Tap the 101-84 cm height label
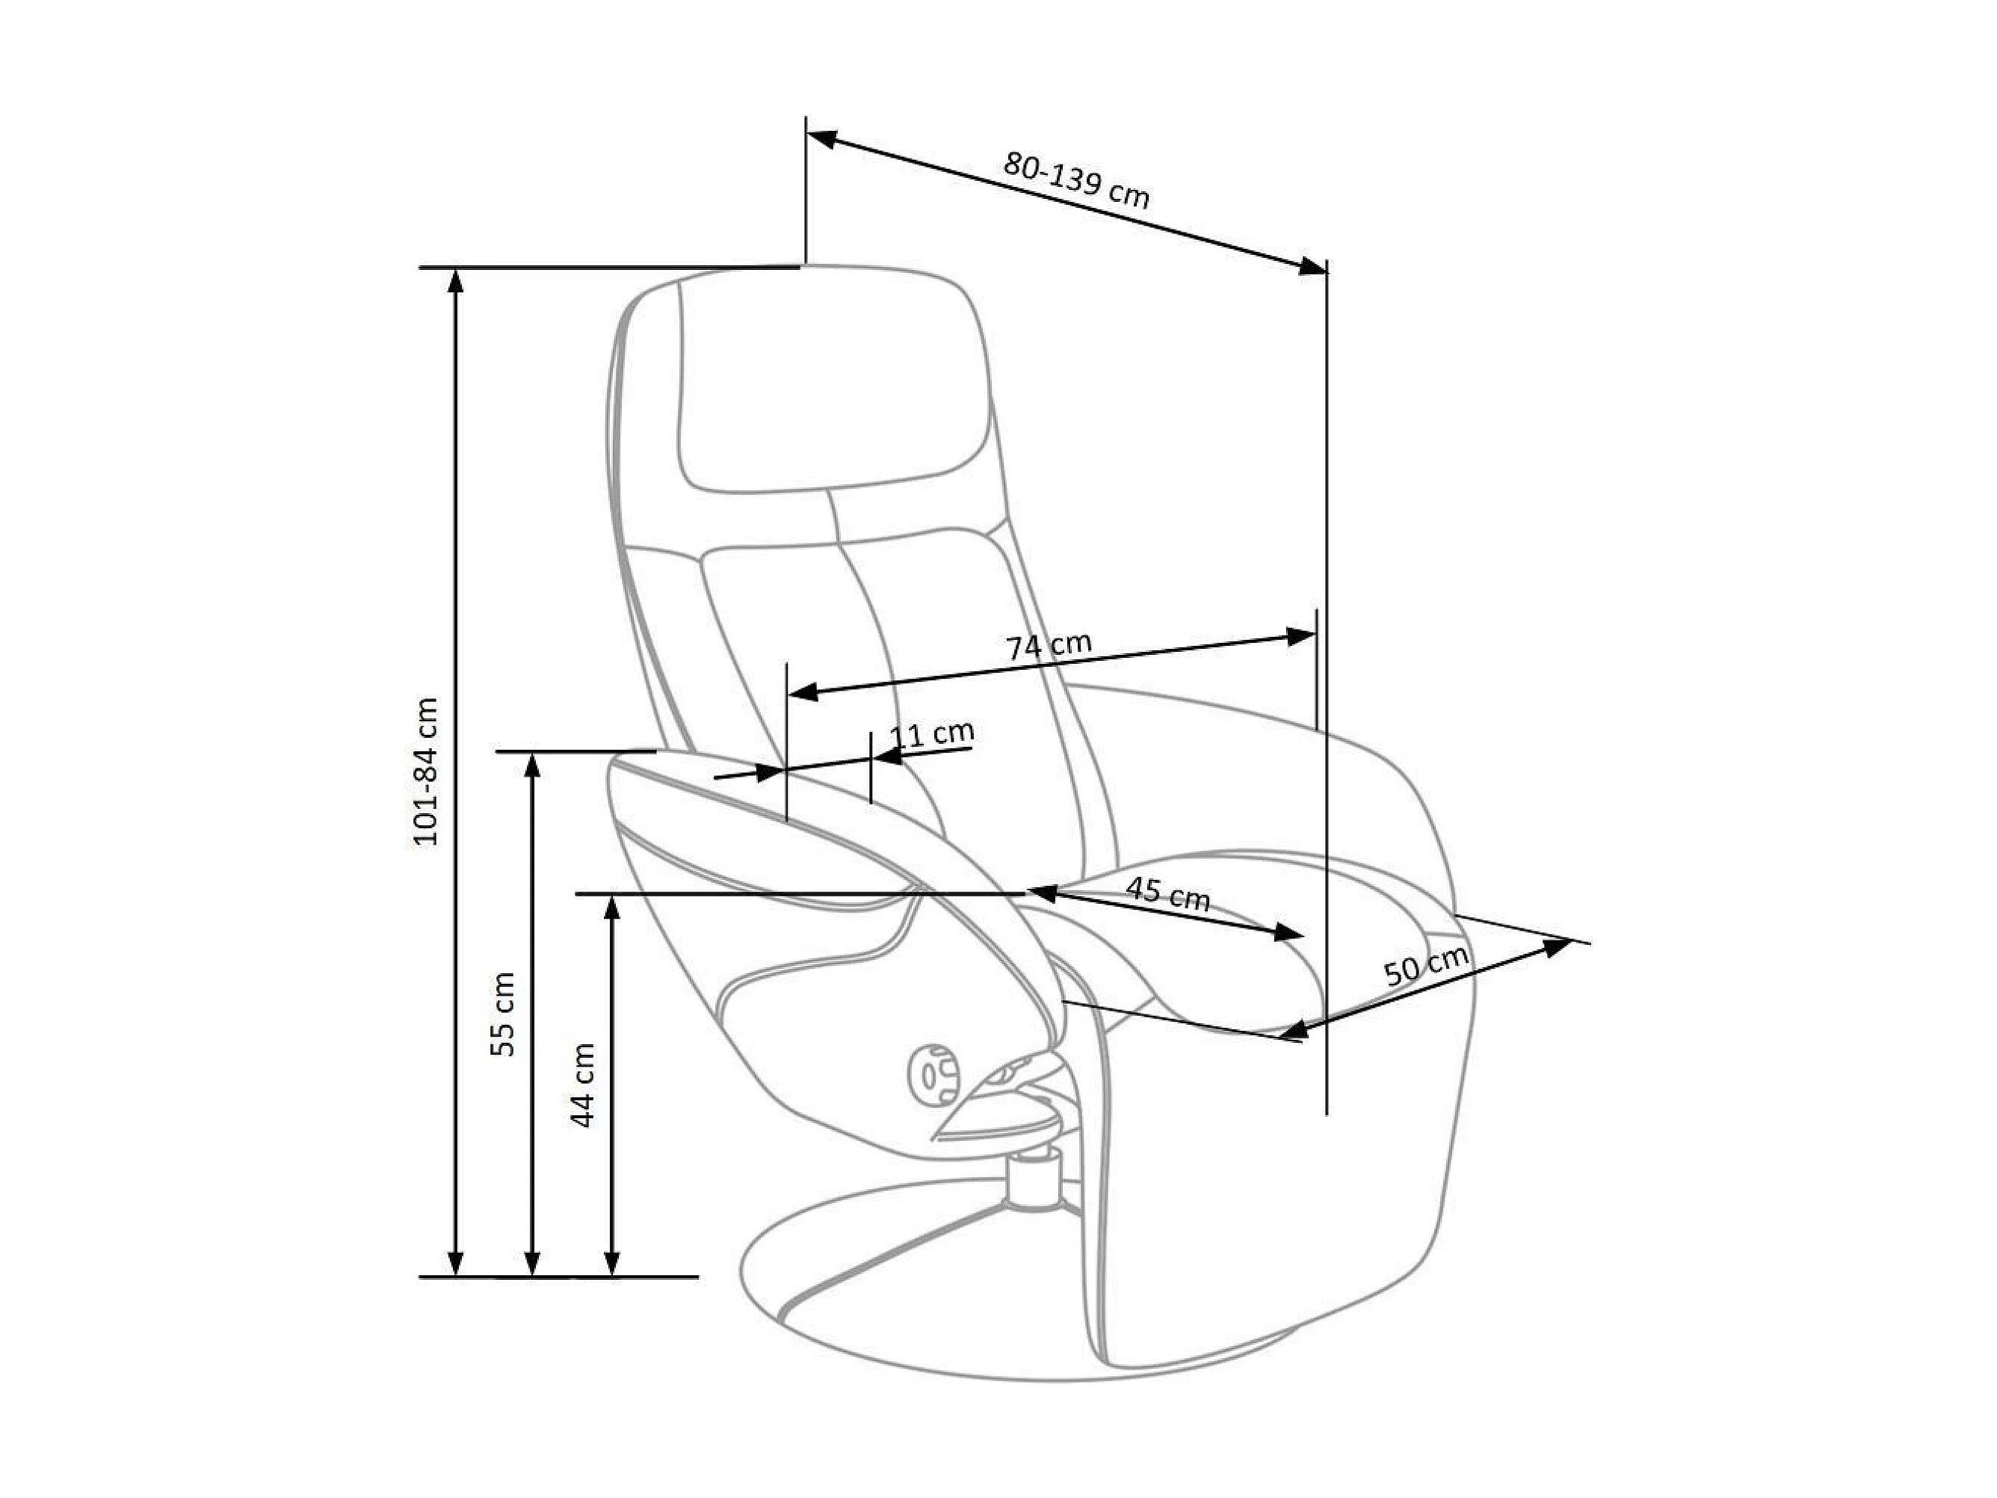[425, 771]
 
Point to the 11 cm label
[932, 733]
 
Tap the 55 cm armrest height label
[502, 1014]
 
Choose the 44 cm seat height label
[582, 1085]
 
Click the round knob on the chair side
[933, 1074]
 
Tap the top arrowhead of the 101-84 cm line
[456, 281]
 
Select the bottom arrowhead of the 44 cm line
[612, 1263]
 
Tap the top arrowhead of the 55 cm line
[533, 765]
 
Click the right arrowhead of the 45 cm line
[1288, 933]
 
